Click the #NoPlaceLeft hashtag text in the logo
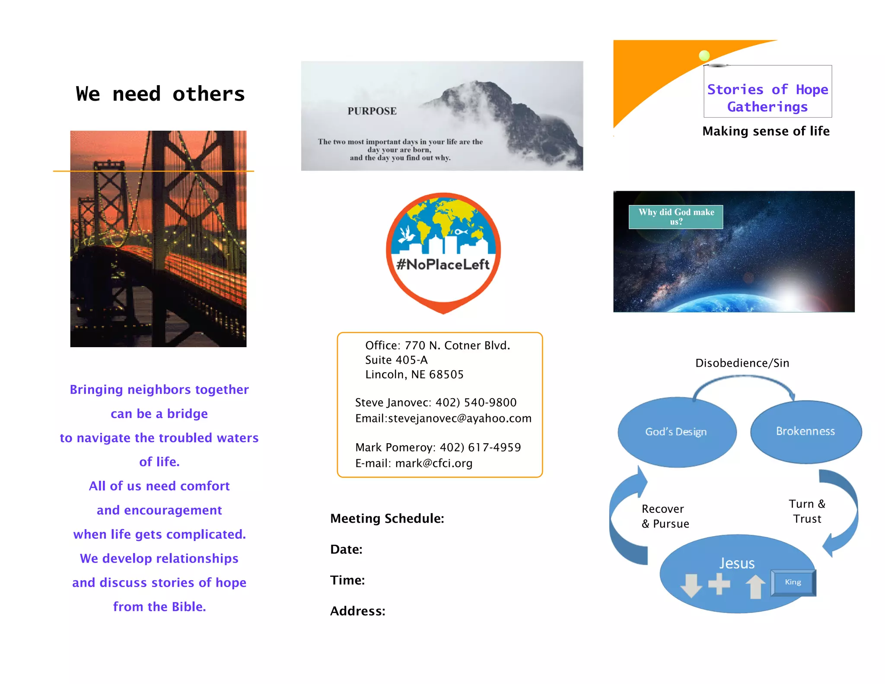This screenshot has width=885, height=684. pos(443,264)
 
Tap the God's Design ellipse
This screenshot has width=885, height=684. pos(676,432)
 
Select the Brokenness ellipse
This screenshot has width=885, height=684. pos(805,431)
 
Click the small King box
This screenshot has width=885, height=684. pos(793,582)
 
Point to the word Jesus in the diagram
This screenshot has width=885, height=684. pos(737,563)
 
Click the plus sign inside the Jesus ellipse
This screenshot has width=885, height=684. pos(719,584)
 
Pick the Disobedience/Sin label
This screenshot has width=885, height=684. pos(742,363)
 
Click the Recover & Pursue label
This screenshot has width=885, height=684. pos(665,516)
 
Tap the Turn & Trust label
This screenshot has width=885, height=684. pos(807,511)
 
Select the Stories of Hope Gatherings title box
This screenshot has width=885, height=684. pos(767,98)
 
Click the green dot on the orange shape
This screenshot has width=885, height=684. pos(704,55)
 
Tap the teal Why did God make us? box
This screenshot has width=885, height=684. pos(676,217)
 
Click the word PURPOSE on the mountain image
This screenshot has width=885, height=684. pos(372,111)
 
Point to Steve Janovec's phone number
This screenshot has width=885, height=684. pos(476,403)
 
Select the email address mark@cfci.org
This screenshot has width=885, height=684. pos(433,463)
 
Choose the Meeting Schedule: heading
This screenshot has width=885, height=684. pos(387,518)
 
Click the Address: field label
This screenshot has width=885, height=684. pos(358,611)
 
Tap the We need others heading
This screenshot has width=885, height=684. pos(160,94)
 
